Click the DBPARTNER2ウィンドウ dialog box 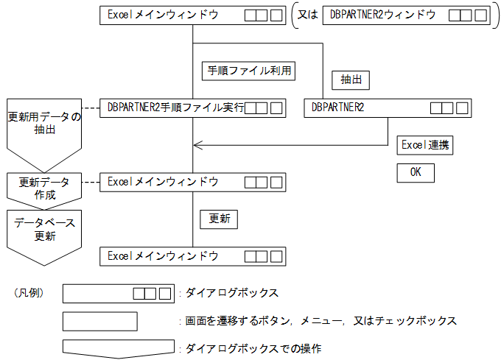406,15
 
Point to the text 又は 307,15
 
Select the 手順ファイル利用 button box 249,71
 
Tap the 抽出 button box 350,80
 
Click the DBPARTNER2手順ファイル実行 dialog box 192,108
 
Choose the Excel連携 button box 424,145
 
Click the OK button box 416,173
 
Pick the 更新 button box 219,219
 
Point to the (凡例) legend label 29,293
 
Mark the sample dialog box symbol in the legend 118,293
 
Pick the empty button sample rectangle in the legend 100,321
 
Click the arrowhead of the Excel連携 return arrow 197,145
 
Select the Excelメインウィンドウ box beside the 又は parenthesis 192,15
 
